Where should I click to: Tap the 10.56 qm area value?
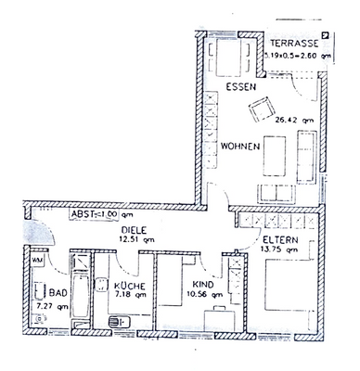[203, 296]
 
